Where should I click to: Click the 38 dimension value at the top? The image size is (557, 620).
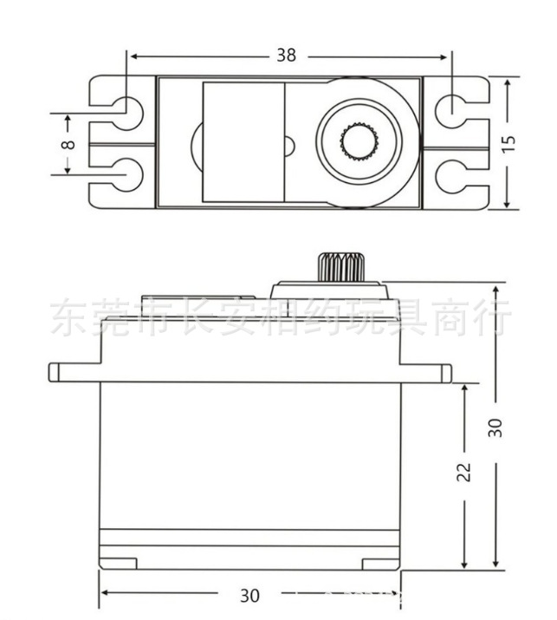[x=286, y=55]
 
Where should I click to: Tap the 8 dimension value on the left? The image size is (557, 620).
[x=68, y=143]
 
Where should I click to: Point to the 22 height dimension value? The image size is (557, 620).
[x=464, y=471]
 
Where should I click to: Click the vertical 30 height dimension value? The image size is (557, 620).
[x=495, y=427]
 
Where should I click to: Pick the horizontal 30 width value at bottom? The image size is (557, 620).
[x=249, y=596]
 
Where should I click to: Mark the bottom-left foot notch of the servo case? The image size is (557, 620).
[x=119, y=562]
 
